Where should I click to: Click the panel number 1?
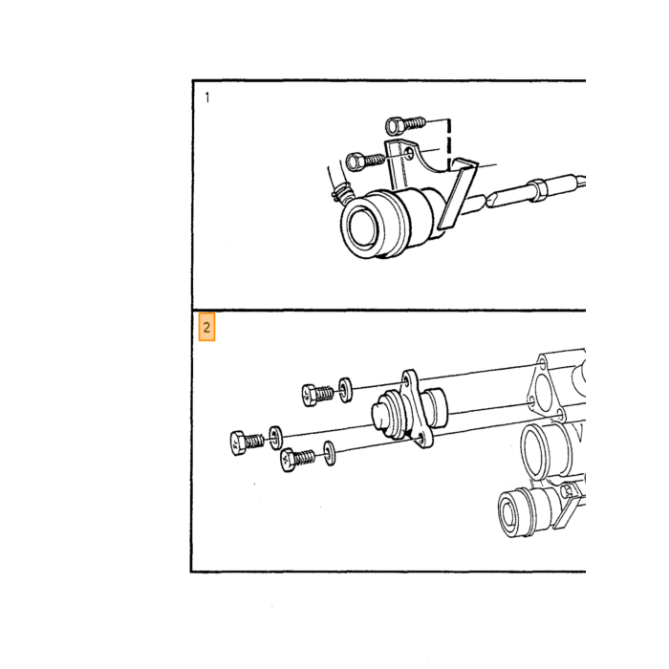207,97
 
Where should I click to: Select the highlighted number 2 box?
207,327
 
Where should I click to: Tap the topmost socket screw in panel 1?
405,124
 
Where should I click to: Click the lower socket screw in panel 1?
366,162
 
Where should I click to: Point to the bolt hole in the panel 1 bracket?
409,154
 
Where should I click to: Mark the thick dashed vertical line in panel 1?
449,144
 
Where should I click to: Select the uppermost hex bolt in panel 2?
317,394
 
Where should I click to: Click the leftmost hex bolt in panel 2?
247,442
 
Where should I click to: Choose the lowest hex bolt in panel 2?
298,459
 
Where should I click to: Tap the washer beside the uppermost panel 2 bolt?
346,390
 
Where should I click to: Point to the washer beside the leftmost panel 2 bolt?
275,438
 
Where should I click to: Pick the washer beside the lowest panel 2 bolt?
330,453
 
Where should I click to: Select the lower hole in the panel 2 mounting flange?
421,439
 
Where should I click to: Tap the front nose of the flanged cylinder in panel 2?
378,416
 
